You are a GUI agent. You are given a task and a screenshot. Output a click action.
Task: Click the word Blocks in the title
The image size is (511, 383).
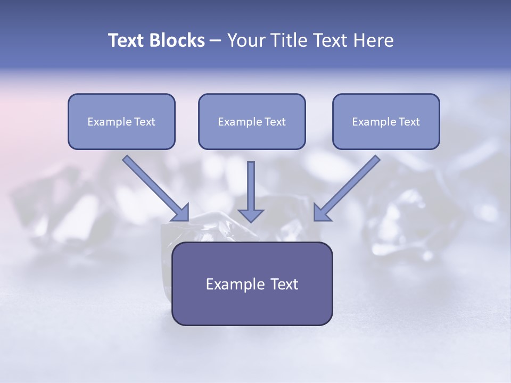pos(177,40)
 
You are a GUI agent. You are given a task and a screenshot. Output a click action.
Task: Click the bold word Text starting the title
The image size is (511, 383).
pos(126,40)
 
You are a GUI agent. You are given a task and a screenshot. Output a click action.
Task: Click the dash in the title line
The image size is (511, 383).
pos(216,41)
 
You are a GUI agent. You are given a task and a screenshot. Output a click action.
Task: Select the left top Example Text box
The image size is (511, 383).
pos(121,121)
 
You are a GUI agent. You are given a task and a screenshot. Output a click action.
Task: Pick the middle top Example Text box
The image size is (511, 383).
pos(252,121)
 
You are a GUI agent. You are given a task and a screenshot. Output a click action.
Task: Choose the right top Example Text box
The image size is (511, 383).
pos(386,121)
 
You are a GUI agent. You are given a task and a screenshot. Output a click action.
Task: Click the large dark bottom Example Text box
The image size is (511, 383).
pos(252,284)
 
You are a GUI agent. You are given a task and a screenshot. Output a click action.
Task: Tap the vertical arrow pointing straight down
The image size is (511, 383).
pos(251,192)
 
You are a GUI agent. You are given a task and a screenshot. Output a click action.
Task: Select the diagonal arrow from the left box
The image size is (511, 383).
pos(156,188)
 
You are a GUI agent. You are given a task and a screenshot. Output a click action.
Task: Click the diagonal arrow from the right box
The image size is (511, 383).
pos(347,188)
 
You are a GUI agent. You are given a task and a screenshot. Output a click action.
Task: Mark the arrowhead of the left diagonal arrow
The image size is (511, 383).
pos(182,214)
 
